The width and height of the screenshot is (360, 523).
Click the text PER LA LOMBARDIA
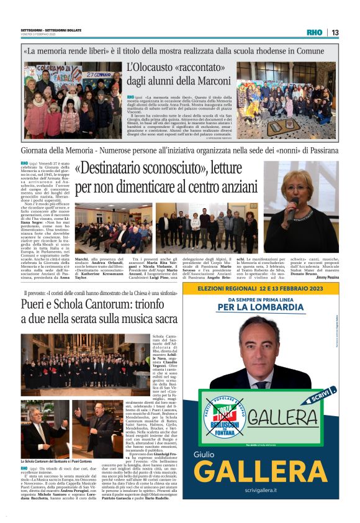(x=262, y=307)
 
